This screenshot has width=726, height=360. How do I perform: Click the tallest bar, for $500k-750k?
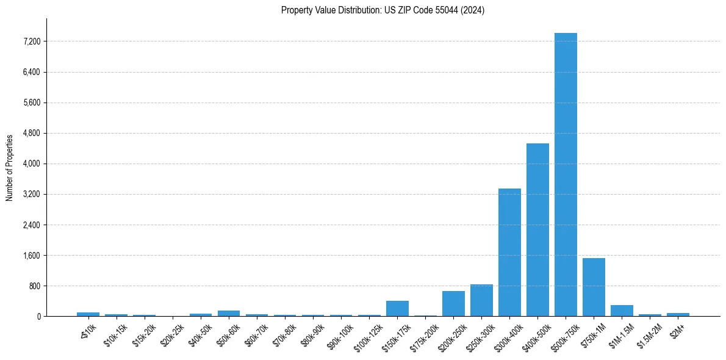point(566,175)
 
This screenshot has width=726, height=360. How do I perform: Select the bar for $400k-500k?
point(537,230)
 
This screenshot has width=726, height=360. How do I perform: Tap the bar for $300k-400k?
point(509,253)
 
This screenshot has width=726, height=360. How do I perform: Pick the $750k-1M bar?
point(594,287)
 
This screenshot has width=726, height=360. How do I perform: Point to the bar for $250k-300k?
point(481,301)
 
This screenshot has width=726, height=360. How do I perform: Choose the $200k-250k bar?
point(453,304)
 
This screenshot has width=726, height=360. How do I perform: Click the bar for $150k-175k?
point(397,309)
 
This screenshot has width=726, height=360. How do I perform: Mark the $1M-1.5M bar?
point(622,311)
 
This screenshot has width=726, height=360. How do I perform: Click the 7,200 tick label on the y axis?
point(31,41)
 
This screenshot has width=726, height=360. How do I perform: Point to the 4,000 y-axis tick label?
point(31,164)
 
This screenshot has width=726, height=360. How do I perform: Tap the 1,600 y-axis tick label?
point(31,255)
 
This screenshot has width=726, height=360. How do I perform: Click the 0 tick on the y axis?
point(38,316)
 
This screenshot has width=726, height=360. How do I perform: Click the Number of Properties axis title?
point(9,167)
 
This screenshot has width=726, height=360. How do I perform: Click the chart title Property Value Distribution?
point(383,10)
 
